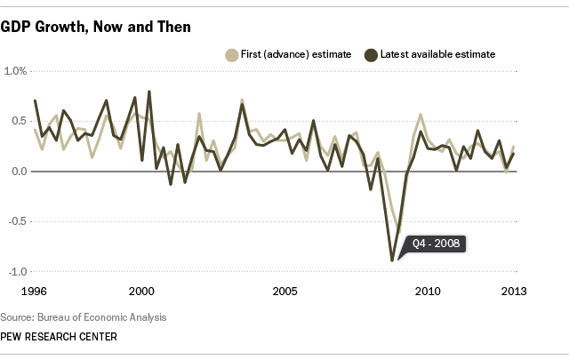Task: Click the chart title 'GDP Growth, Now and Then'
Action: point(96,28)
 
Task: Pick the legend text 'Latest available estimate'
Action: point(437,54)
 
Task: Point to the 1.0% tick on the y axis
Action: point(17,71)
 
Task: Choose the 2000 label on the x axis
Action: point(141,291)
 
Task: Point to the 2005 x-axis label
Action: point(284,291)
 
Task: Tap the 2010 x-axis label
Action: point(428,291)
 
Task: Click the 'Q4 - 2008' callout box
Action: point(435,243)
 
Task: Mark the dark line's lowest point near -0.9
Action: point(392,260)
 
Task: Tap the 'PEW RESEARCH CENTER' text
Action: point(59,337)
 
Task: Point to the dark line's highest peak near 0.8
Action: point(148,92)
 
